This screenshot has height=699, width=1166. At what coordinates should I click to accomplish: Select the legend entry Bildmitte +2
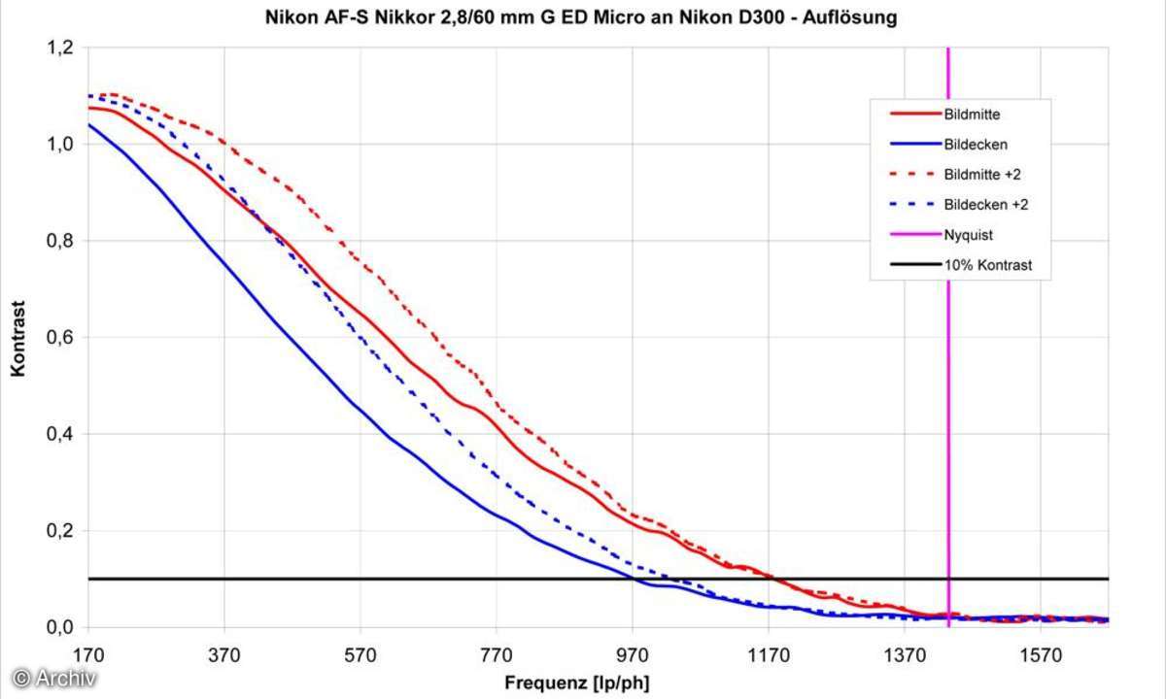[979, 175]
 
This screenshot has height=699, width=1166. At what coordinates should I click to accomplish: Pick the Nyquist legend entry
[968, 235]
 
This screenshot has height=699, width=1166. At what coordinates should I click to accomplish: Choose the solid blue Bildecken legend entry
[974, 145]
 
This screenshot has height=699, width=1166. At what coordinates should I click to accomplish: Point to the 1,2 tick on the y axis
[60, 48]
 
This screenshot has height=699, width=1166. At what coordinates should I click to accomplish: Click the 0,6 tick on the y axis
[60, 338]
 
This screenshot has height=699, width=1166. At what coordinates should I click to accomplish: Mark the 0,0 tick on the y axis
[60, 627]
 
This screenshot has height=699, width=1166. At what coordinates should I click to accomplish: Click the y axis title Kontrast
[17, 338]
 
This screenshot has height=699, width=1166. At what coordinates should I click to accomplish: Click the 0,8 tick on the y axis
[60, 241]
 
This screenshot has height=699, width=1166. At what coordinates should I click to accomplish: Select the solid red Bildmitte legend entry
[972, 115]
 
